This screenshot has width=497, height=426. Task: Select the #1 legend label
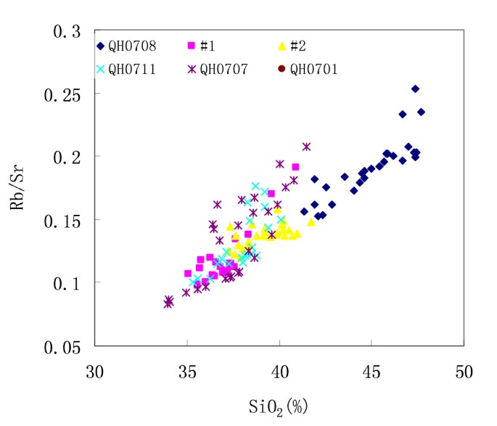coord(208,46)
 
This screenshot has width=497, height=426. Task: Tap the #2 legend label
coord(298,46)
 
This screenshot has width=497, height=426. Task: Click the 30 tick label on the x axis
coord(95,372)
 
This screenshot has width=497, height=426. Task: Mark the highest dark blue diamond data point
coord(415,89)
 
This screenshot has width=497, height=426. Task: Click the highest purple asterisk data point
coord(307,147)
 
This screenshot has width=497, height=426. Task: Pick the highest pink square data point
coord(295,167)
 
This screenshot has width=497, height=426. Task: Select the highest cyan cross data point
coord(255,187)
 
